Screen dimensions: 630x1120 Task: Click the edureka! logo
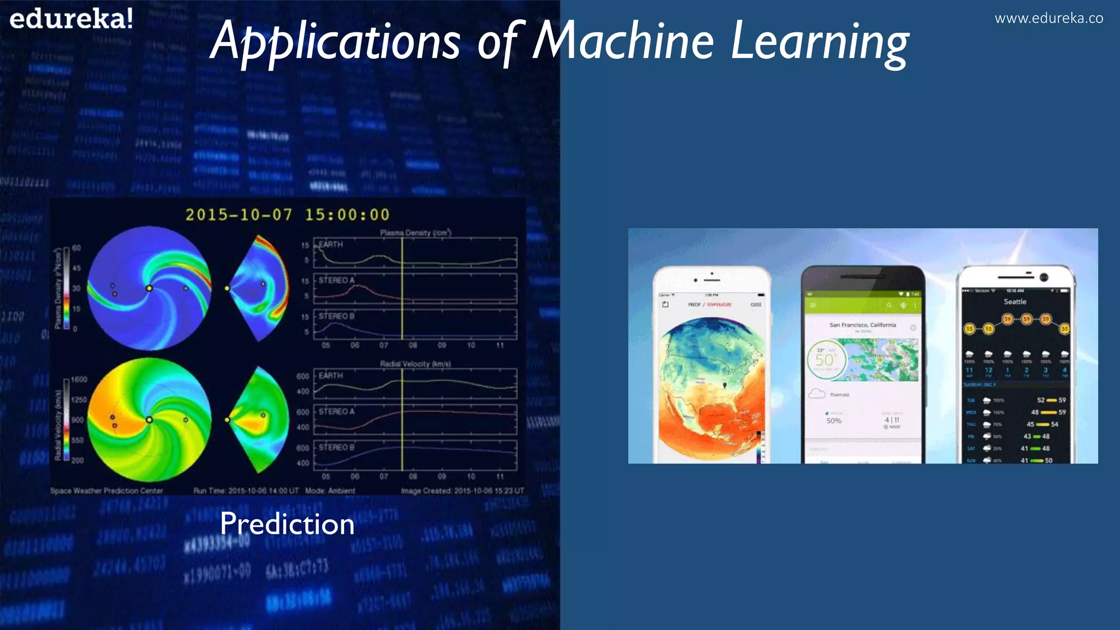pos(71,19)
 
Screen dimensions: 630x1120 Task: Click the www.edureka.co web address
pos(1048,19)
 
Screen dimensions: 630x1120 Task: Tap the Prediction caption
pos(287,524)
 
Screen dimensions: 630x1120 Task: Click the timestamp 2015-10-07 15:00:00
pos(288,214)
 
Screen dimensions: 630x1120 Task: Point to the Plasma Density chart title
pos(415,232)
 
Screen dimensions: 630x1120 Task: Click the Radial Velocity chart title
pos(415,364)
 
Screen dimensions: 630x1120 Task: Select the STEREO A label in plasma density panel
pos(336,280)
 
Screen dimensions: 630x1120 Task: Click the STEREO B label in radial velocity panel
pos(336,447)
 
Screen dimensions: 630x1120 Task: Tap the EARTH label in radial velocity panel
pos(331,376)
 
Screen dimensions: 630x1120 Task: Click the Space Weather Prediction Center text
pos(107,491)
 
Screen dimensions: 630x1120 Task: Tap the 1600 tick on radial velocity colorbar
pos(79,379)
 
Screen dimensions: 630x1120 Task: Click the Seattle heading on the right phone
pos(1015,301)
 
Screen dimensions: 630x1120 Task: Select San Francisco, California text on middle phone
pos(862,325)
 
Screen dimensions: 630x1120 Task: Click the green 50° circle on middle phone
pos(825,359)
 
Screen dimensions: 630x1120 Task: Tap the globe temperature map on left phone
pos(711,388)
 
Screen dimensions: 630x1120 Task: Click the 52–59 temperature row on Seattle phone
pos(1051,400)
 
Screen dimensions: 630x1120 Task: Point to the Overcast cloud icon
pos(816,394)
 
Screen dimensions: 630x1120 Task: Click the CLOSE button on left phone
pos(756,305)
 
